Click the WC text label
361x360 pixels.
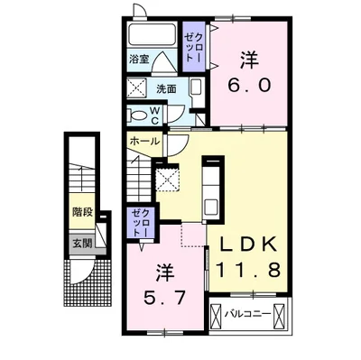[x=154, y=115]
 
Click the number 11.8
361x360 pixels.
[x=252, y=268]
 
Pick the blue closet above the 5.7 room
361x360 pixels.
[x=141, y=220]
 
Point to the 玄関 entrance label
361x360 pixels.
[x=83, y=242]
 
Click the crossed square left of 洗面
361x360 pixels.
[x=137, y=88]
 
